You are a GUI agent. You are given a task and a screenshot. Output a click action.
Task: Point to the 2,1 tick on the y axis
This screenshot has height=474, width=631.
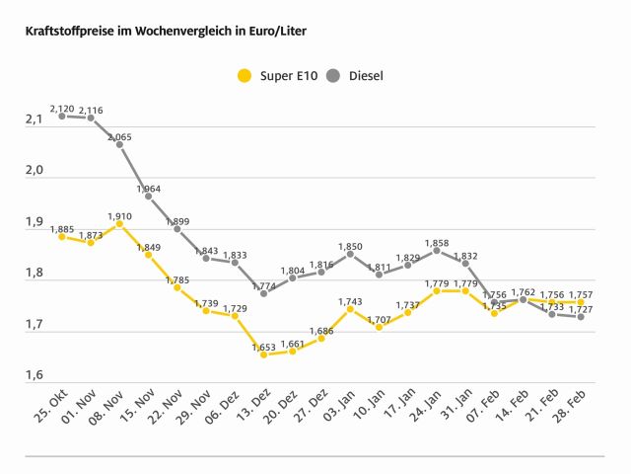click(x=34, y=120)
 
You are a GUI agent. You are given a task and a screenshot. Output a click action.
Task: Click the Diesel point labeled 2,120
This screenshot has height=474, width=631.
click(x=61, y=116)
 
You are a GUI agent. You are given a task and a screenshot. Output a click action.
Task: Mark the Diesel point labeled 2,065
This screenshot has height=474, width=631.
click(x=119, y=144)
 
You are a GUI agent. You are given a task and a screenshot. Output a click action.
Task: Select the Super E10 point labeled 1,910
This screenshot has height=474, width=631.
click(x=119, y=224)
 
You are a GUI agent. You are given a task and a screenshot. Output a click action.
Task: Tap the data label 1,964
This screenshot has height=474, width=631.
click(x=148, y=188)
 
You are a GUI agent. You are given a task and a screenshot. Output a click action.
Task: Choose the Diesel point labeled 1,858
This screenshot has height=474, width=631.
click(x=437, y=250)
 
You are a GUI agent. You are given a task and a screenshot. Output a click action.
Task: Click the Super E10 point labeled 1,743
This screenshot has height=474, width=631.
click(x=350, y=309)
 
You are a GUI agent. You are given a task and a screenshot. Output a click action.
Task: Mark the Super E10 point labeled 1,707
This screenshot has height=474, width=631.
click(x=379, y=327)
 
